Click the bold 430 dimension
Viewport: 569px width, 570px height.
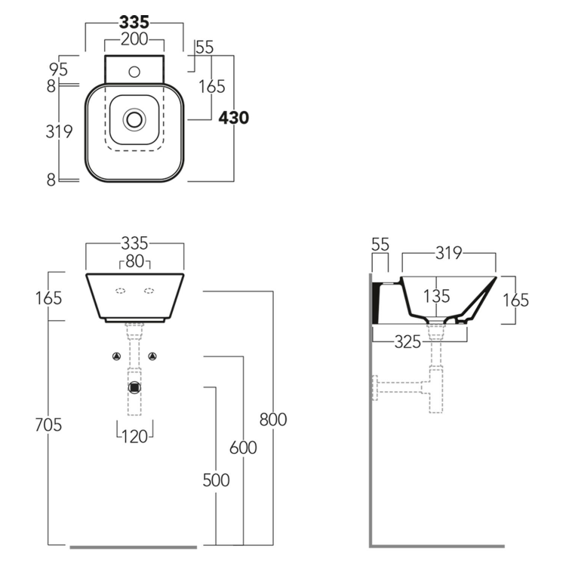234,118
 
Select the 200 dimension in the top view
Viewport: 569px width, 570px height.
134,40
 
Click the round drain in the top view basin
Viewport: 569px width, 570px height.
134,119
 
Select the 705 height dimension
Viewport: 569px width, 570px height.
48,425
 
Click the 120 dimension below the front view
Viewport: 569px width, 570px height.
134,436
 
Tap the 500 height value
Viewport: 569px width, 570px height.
216,480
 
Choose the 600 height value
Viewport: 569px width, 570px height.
243,448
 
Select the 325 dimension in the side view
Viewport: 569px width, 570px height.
408,342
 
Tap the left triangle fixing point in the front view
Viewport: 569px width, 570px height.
116,356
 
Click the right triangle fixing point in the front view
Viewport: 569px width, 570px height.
152,356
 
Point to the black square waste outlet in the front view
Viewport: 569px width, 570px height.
134,387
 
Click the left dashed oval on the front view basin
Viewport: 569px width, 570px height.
120,290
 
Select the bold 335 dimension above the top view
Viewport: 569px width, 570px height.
134,22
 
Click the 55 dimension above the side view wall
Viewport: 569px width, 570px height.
380,244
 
